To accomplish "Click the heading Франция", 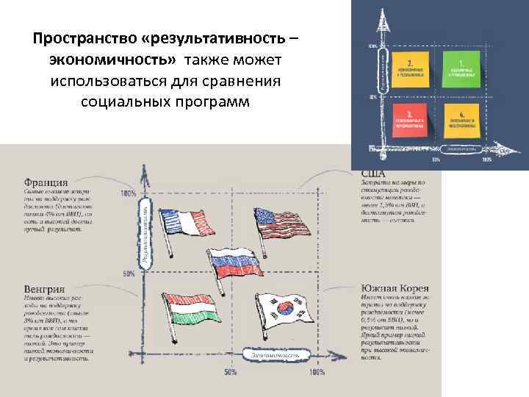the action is (x=46, y=182).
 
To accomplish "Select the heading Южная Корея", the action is (x=395, y=287).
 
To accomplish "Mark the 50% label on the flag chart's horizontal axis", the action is (x=230, y=372).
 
